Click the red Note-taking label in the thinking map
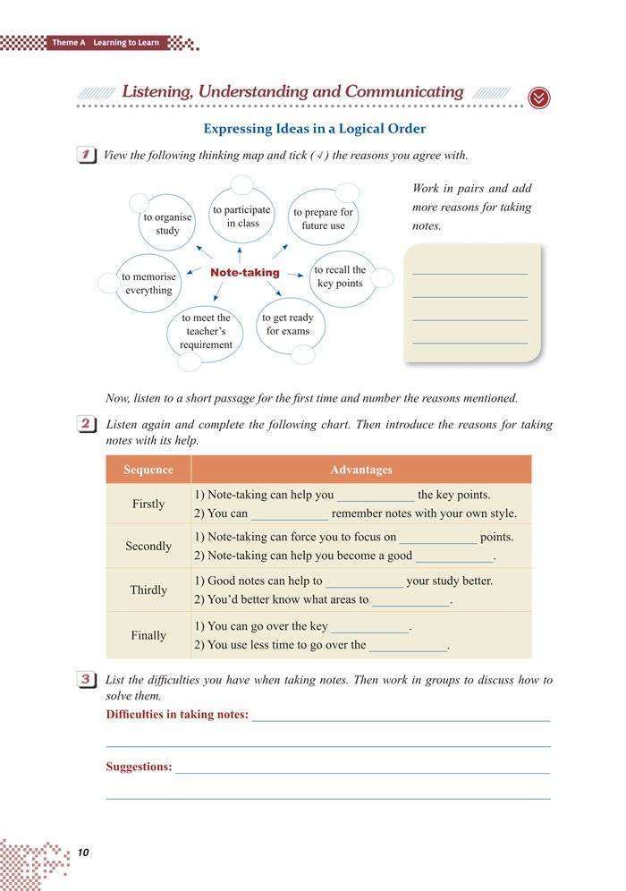(x=245, y=273)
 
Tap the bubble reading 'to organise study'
(x=167, y=224)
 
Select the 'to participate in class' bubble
(x=241, y=216)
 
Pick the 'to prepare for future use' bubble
(x=323, y=219)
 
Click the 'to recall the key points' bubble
(x=340, y=276)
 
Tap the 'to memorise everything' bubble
(x=148, y=284)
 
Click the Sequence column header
(x=148, y=470)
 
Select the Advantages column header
(x=361, y=470)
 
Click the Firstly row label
(x=148, y=504)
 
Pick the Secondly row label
(x=148, y=546)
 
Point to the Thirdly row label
(x=148, y=590)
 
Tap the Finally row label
(x=148, y=635)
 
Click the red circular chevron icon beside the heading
(x=539, y=98)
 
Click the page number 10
(x=84, y=852)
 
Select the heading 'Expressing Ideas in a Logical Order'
(x=314, y=129)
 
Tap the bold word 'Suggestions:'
(x=139, y=767)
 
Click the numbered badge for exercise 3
(x=88, y=681)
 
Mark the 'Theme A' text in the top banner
(x=68, y=43)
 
